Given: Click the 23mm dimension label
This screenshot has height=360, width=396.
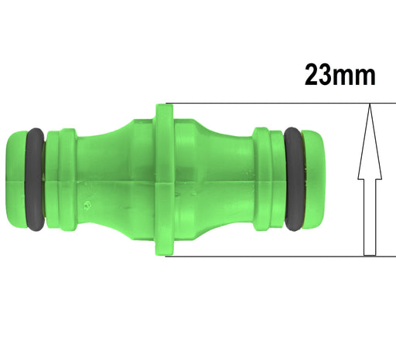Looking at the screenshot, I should pos(340,76).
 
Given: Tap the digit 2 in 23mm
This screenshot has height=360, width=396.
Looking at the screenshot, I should pos(314,76).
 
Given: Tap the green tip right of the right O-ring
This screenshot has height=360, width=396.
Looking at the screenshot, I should pos(313,179).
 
